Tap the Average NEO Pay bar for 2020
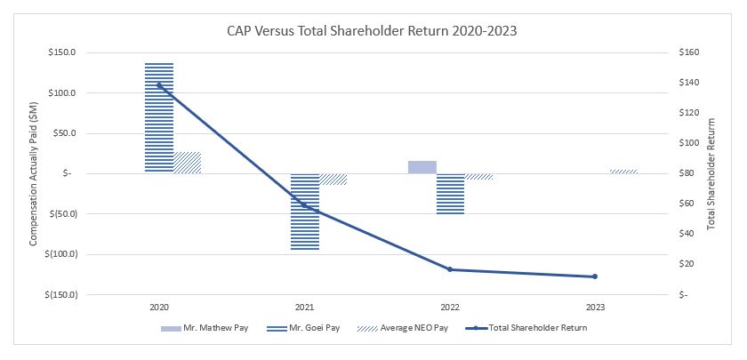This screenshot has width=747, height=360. point(187,163)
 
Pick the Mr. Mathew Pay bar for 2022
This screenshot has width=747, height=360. point(422,167)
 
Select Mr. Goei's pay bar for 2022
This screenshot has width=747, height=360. point(450,194)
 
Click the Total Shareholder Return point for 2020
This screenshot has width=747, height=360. point(159,85)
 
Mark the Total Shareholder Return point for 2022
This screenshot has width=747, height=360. point(450,269)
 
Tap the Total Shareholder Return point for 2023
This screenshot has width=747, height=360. point(595,276)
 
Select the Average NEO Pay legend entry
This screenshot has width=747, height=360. point(416,327)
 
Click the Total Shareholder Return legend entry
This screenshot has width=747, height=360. point(529,327)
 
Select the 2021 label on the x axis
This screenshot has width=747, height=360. point(304,307)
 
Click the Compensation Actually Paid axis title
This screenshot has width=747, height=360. point(34,173)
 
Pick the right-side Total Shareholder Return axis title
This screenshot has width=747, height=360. point(711,173)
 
